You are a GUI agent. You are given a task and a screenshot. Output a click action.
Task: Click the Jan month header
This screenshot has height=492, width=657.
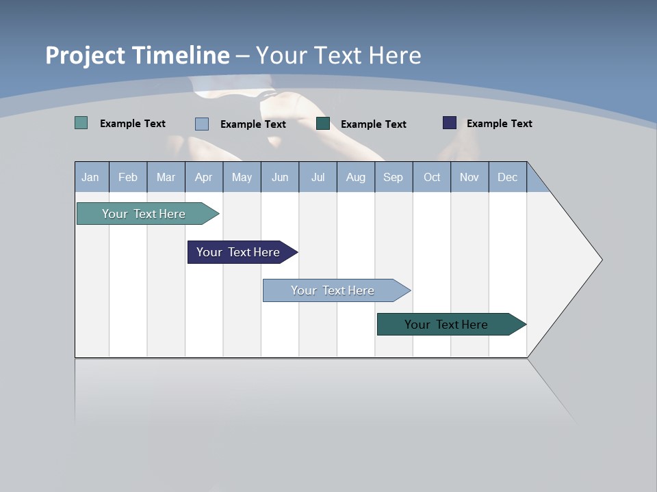pyautogui.click(x=90, y=177)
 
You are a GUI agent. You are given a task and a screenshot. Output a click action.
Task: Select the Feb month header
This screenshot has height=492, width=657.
pyautogui.click(x=128, y=177)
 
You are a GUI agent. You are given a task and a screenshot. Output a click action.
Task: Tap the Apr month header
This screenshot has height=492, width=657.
pyautogui.click(x=203, y=177)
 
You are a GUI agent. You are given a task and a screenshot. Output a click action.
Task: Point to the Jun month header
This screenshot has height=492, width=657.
pyautogui.click(x=280, y=177)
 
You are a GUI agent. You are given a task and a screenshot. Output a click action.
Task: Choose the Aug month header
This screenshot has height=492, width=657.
pyautogui.click(x=355, y=177)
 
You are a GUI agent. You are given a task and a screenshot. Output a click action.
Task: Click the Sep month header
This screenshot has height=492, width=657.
pyautogui.click(x=393, y=177)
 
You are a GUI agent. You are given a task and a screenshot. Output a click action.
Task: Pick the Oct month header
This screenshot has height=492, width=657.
pyautogui.click(x=432, y=177)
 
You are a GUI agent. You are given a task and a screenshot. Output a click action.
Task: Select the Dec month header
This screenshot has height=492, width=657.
pyautogui.click(x=507, y=177)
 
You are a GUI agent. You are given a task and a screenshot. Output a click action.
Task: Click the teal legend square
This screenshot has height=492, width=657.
pyautogui.click(x=81, y=123)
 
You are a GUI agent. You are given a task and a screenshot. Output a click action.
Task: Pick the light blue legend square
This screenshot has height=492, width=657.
pyautogui.click(x=202, y=124)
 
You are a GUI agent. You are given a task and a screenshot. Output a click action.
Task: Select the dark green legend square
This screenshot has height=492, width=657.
pyautogui.click(x=323, y=123)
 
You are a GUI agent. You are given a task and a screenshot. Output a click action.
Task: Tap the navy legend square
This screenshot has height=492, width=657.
pyautogui.click(x=450, y=123)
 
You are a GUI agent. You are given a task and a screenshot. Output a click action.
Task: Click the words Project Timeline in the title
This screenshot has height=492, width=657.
pyautogui.click(x=138, y=55)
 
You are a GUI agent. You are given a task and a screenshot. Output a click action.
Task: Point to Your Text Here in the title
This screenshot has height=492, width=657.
pyautogui.click(x=338, y=55)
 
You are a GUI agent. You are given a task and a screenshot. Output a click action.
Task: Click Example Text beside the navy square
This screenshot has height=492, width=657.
pyautogui.click(x=499, y=124)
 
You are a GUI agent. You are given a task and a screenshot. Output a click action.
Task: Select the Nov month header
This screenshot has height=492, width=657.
pyautogui.click(x=469, y=177)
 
